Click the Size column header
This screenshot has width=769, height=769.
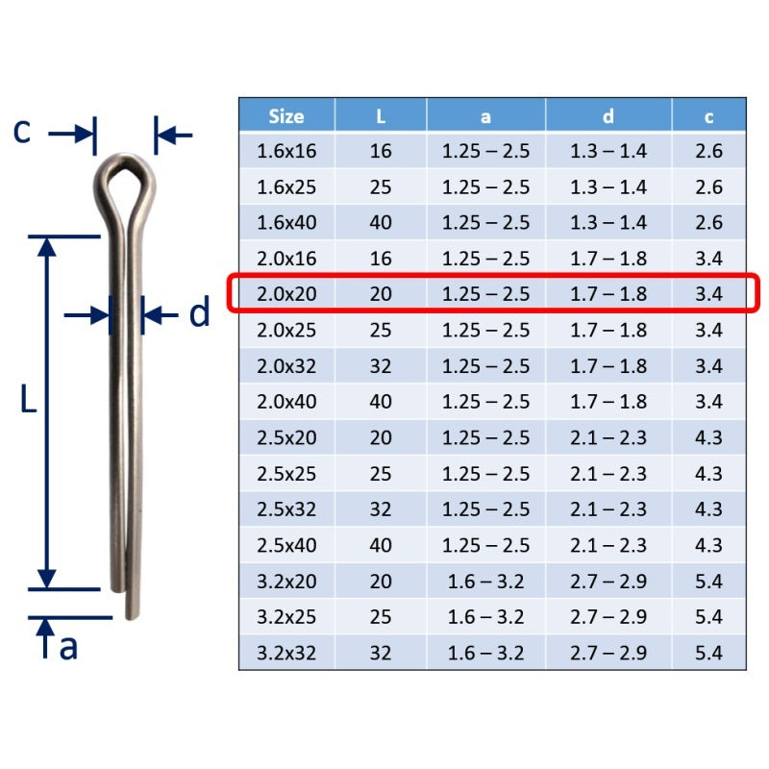286,116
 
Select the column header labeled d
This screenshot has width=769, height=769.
608,116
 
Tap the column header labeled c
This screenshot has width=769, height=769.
708,117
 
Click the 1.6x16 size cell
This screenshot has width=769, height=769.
286,151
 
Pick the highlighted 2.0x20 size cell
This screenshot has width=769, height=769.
286,294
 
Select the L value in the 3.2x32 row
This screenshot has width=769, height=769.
381,654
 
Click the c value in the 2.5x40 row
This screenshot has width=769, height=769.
708,545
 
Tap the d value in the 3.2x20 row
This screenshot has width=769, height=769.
608,582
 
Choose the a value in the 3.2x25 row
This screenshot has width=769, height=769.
485,617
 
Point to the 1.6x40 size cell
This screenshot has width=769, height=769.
286,223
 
